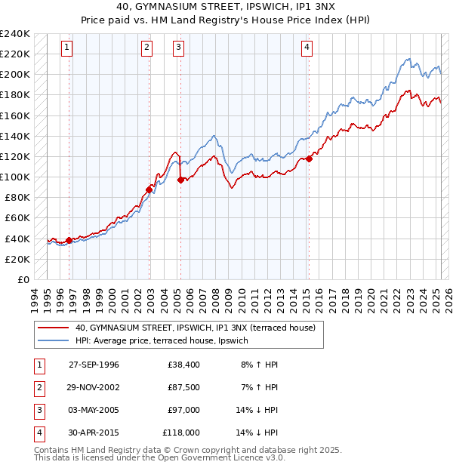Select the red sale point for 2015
point(309,159)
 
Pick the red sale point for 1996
point(69,240)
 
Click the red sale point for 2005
point(180,180)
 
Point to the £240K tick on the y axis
point(16,34)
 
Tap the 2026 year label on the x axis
point(448,300)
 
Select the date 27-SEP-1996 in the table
point(94,365)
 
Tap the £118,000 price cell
point(181,433)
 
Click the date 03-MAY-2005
point(94,410)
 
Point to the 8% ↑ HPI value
point(260,365)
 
